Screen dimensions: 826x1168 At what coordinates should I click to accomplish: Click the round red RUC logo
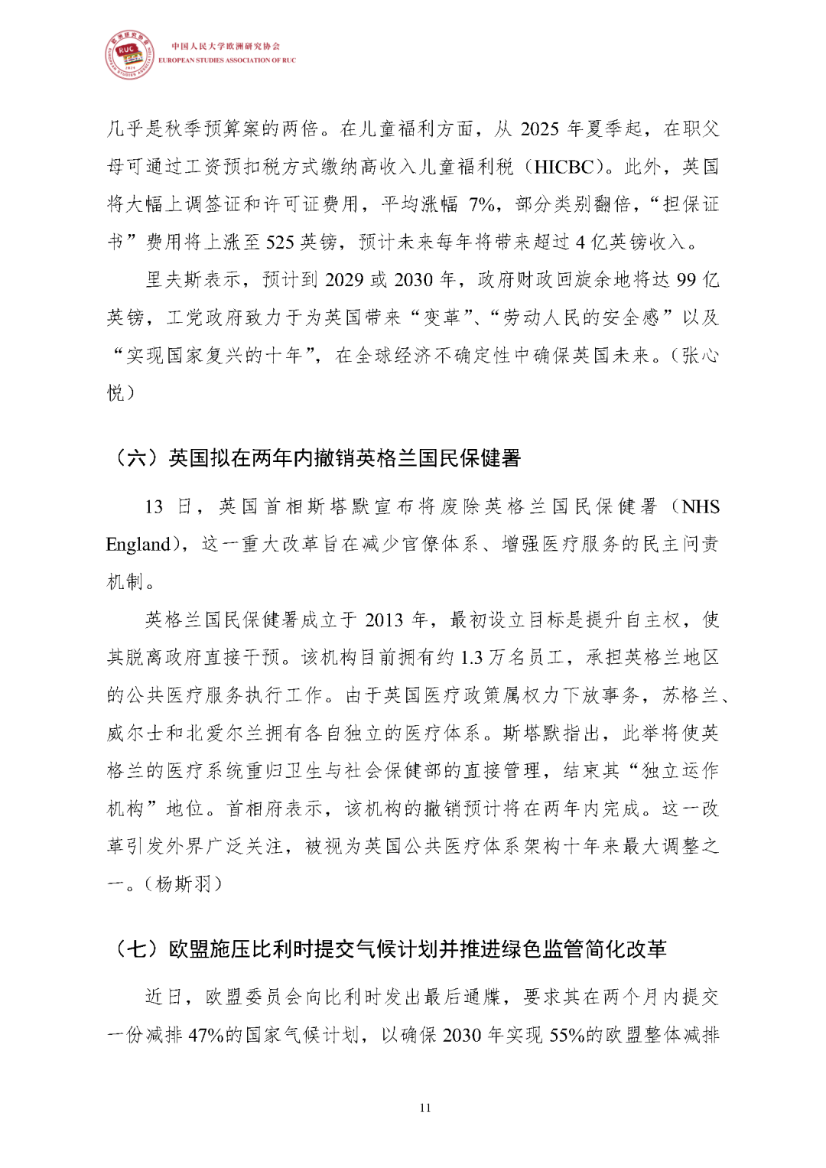point(128,55)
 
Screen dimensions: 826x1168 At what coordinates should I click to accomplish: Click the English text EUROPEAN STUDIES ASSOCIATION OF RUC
point(226,60)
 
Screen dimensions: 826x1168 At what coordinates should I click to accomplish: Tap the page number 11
point(425,1108)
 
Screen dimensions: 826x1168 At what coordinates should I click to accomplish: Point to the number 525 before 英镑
point(280,242)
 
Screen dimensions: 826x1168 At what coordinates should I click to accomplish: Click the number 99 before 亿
point(686,280)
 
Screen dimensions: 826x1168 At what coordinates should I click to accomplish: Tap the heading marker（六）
point(135,458)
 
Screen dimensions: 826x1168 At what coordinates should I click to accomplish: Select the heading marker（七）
point(135,949)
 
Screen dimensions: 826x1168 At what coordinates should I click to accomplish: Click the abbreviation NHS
point(701,506)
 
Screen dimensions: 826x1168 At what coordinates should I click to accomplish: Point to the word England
point(138,545)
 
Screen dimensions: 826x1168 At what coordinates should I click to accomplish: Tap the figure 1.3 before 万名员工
point(473,657)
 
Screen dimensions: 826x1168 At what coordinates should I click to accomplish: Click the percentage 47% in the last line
point(206,1035)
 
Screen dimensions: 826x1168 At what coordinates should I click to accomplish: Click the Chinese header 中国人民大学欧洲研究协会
point(226,46)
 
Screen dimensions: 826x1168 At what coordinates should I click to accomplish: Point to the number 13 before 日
point(154,506)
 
